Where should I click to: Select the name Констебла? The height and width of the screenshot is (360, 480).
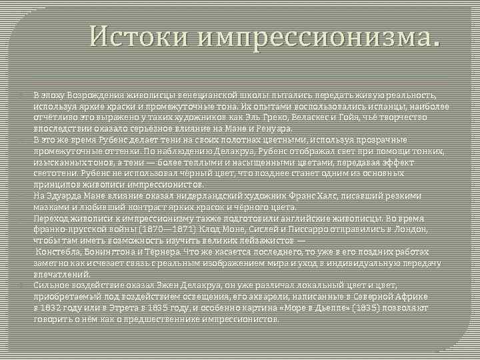pos(59,251)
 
